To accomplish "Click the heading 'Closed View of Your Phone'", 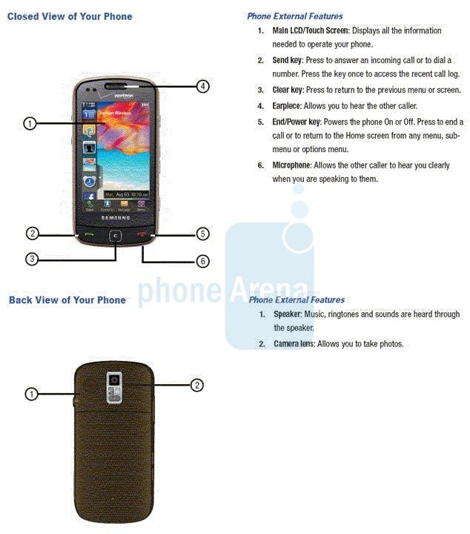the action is click(70, 16).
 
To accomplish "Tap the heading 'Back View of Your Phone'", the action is click(67, 300).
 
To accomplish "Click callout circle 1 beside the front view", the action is click(30, 123).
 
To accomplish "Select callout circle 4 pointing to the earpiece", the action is click(203, 86).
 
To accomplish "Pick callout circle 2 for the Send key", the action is click(33, 234).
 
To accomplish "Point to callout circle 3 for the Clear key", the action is click(32, 259).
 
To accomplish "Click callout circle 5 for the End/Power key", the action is click(203, 234).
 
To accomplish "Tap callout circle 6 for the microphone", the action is click(203, 261).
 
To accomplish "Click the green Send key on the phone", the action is click(90, 234).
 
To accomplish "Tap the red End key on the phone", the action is click(142, 234).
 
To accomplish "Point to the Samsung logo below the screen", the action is click(116, 217).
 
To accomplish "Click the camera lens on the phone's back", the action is click(114, 380).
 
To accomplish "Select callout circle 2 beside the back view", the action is click(197, 385).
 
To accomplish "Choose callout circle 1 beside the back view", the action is click(32, 395).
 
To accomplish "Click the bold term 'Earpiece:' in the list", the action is click(287, 106).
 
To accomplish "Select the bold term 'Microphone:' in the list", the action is click(292, 165).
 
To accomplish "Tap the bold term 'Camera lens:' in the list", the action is click(295, 343).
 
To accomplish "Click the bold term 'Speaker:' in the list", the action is click(288, 314).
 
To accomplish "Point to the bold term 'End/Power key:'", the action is click(297, 122).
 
